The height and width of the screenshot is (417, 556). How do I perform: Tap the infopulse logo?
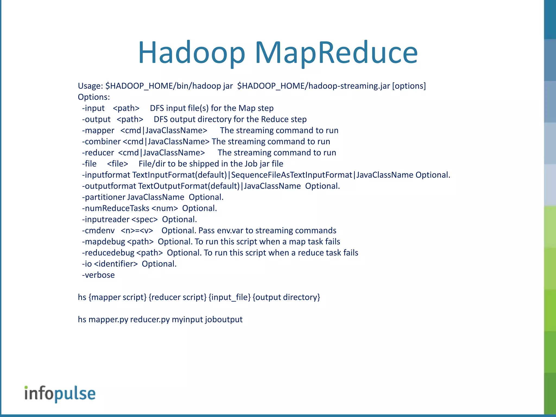(60, 394)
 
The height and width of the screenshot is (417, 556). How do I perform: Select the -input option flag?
(93, 108)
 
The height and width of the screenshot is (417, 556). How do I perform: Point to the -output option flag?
(96, 119)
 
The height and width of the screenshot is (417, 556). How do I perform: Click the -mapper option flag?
(98, 131)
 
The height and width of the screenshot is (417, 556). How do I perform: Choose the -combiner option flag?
(101, 142)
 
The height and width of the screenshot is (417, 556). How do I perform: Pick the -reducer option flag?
(98, 153)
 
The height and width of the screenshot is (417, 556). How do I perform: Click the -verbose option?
(99, 275)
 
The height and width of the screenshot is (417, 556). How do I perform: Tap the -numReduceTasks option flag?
(116, 208)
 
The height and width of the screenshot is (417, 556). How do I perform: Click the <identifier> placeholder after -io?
(116, 264)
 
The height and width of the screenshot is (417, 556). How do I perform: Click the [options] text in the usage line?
(409, 86)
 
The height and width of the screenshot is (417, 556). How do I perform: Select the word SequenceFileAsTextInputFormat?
(292, 175)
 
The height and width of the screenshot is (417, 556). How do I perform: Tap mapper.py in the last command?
(108, 320)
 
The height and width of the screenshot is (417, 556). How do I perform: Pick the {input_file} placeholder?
(230, 297)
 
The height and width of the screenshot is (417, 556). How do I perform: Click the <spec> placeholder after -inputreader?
(144, 220)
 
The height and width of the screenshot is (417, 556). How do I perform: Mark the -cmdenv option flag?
(99, 231)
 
